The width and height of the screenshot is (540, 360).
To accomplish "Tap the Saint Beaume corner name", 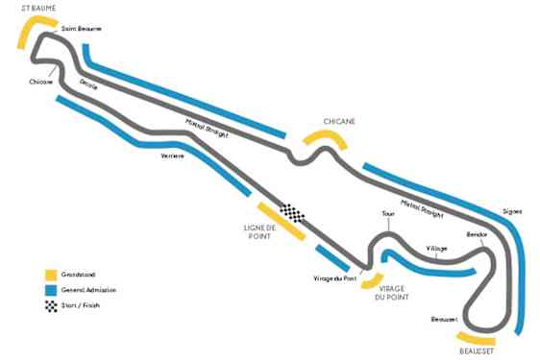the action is [x=81, y=29].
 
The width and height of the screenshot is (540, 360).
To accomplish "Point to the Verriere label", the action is [x=172, y=156].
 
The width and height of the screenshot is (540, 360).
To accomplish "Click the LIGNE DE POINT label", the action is [x=259, y=231].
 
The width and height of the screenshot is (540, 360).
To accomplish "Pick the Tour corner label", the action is [x=387, y=214].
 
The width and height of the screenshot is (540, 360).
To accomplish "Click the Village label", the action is [x=437, y=249].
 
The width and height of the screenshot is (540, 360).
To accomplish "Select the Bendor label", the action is [x=477, y=234].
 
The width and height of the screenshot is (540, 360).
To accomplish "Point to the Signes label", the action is [x=512, y=212].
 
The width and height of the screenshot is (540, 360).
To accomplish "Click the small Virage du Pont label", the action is [x=334, y=278].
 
